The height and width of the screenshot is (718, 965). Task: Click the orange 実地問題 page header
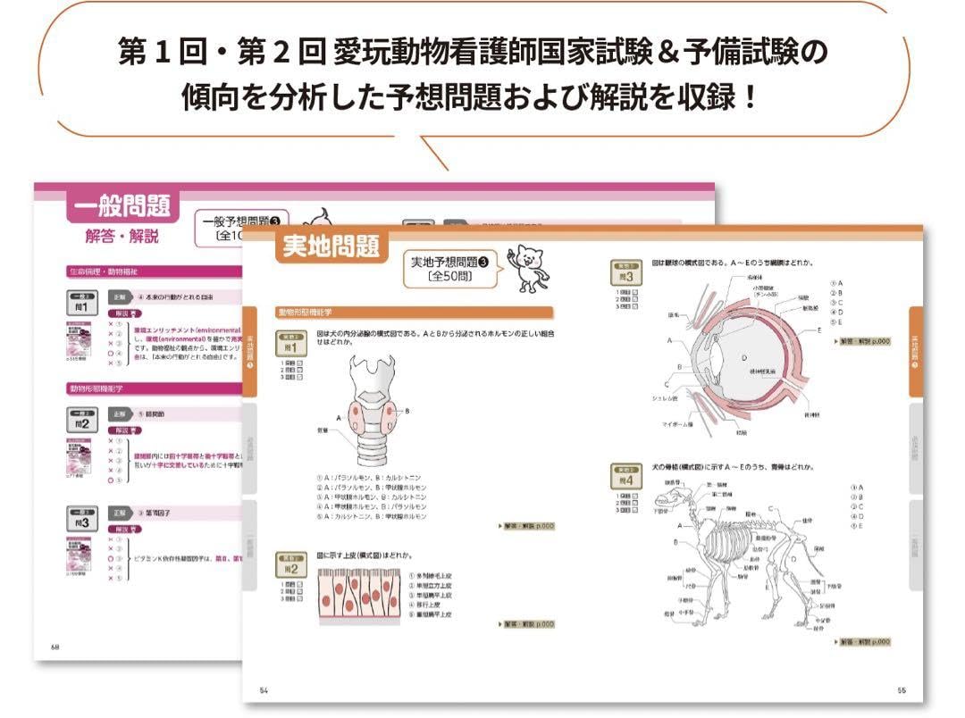click(x=331, y=246)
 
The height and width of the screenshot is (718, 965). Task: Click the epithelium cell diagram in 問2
click(x=359, y=596)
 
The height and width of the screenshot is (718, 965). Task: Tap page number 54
click(x=264, y=689)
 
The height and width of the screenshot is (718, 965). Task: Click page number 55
click(x=902, y=689)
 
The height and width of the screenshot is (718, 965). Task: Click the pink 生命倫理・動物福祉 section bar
click(x=152, y=271)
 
